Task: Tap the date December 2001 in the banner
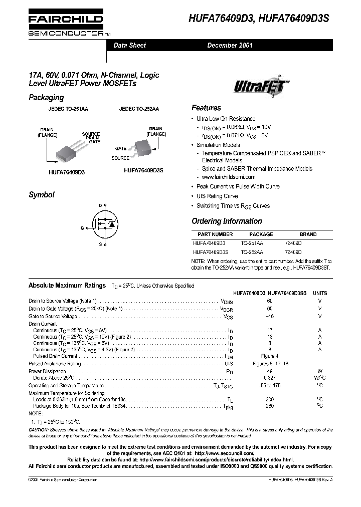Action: pos(230,45)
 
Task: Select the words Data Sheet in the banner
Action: pos(129,45)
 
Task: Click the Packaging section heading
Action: pos(46,98)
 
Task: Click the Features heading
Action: pos(206,108)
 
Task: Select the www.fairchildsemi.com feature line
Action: pos(229,177)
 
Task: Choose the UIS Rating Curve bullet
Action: pos(217,196)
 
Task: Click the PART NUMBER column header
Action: pos(215,234)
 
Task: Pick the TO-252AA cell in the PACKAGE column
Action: pos(252,252)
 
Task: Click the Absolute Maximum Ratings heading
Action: pos(67,285)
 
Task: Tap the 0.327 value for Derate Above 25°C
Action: pos(270,377)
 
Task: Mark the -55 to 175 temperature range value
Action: pos(270,385)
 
